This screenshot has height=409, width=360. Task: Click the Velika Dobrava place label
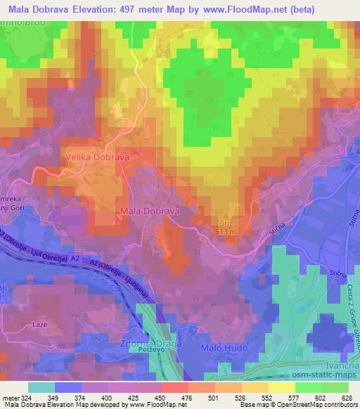[97, 158]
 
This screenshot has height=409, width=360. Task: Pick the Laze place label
[40, 326]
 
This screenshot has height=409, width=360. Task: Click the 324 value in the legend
[28, 397]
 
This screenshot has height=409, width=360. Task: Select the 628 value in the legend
[346, 397]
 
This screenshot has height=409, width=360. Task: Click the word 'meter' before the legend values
[9, 397]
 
